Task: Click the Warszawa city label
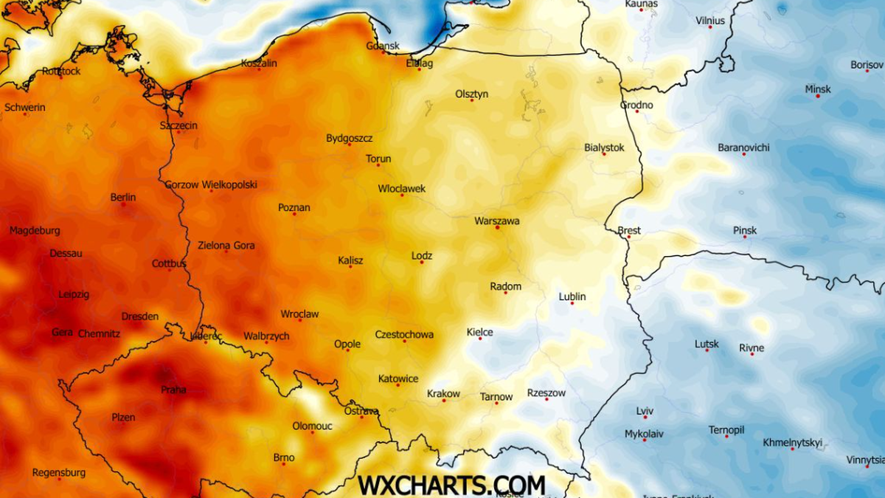coord(496,221)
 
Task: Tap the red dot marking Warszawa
coord(497,228)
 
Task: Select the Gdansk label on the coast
coord(383,46)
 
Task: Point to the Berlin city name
coord(123,197)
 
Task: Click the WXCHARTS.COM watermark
coord(451,485)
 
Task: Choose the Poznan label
coord(294,207)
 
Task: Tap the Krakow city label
coord(443,393)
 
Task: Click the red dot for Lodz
coord(422,263)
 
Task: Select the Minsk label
coord(817,89)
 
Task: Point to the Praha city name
coord(173,390)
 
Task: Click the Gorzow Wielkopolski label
coord(211,184)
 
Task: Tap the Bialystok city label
coord(604,148)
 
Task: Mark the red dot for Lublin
coord(572,303)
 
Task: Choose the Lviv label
coord(645,411)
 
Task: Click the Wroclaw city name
coord(299,314)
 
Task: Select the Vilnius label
coord(710,21)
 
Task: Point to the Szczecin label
coord(178,125)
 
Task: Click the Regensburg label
coord(59,472)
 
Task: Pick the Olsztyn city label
coord(472,94)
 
